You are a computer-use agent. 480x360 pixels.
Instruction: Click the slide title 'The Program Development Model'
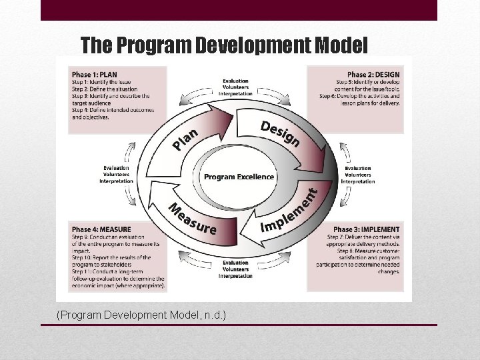click(223, 45)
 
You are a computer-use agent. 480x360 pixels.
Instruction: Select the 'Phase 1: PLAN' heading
click(94, 74)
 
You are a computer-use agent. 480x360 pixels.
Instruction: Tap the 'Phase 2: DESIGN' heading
click(373, 74)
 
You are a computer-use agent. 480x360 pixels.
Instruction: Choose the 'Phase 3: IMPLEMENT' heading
click(366, 230)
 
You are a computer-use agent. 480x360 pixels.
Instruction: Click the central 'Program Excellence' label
click(239, 177)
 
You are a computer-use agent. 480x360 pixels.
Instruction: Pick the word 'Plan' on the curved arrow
click(185, 139)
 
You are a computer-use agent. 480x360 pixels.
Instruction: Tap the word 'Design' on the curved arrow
click(280, 133)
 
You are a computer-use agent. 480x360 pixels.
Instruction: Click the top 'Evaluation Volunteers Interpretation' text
click(236, 88)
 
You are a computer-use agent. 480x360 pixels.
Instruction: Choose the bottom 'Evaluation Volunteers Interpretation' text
click(236, 269)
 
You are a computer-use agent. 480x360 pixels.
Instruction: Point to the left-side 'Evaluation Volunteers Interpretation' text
click(116, 175)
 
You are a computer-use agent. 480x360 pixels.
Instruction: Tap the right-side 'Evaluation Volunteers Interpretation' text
click(358, 175)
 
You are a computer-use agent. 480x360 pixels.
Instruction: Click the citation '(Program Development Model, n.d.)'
click(141, 314)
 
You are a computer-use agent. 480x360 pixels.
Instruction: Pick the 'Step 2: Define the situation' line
click(105, 89)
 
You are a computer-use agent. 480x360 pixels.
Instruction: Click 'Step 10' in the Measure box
click(83, 257)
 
